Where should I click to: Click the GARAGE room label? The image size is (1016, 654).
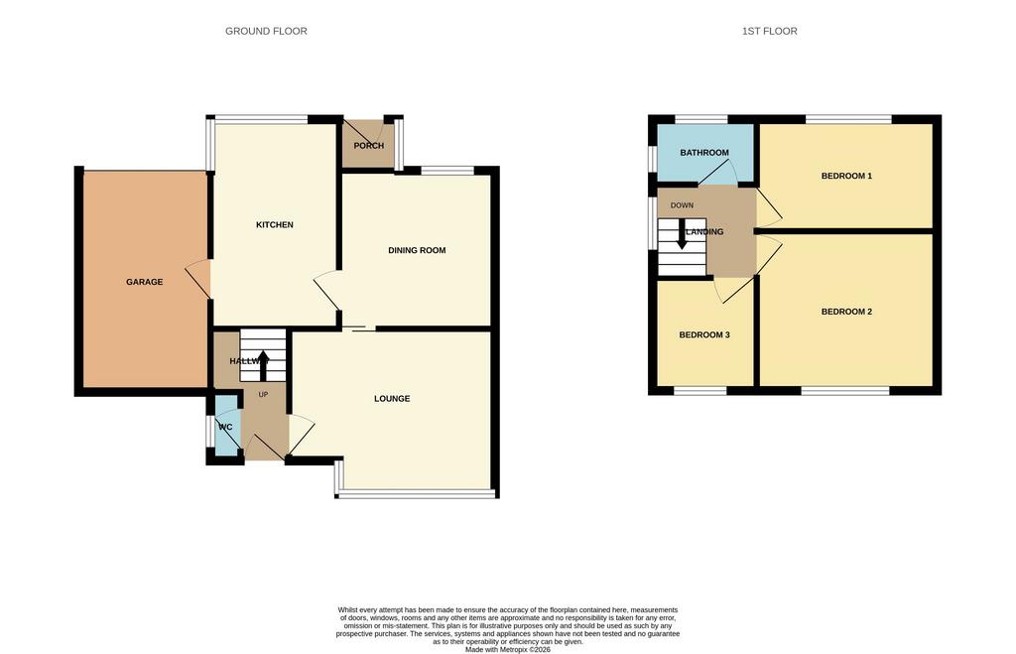[x=145, y=282]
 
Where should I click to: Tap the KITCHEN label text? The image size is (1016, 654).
[x=275, y=225]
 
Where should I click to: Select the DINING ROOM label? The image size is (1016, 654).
[x=417, y=250]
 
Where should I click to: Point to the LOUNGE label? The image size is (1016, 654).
[x=392, y=399]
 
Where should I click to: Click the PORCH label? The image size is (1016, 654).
[x=369, y=146]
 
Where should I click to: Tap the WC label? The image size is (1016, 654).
[x=225, y=427]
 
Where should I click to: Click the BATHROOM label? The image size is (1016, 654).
[x=704, y=153]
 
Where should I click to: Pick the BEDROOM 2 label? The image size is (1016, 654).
[x=846, y=312]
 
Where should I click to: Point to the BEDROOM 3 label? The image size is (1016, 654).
[x=704, y=335]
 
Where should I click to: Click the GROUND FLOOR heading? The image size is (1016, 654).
[x=266, y=31]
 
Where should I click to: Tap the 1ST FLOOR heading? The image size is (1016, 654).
[x=770, y=31]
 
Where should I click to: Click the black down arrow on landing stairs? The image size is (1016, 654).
[x=681, y=233]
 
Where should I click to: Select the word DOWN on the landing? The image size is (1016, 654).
[x=682, y=205]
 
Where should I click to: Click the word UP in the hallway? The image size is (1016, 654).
[x=263, y=395]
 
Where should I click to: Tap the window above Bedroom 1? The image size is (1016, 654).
[x=848, y=119]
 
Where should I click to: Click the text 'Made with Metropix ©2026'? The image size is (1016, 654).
[x=508, y=649]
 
